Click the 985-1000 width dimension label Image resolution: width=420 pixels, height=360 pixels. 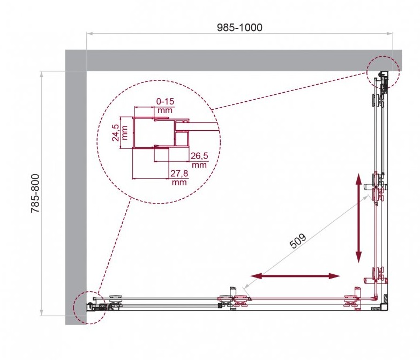[239, 27]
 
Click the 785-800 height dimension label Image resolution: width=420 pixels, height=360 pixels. [35, 193]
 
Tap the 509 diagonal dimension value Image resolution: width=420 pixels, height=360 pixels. [298, 241]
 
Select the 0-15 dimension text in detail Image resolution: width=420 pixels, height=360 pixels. [165, 101]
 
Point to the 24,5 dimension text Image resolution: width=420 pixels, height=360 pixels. [116, 133]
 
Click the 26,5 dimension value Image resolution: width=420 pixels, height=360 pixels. [199, 155]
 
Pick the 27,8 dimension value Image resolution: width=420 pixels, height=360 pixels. [179, 174]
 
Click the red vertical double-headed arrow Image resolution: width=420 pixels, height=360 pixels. [358, 218]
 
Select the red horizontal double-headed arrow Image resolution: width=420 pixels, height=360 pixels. [295, 276]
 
